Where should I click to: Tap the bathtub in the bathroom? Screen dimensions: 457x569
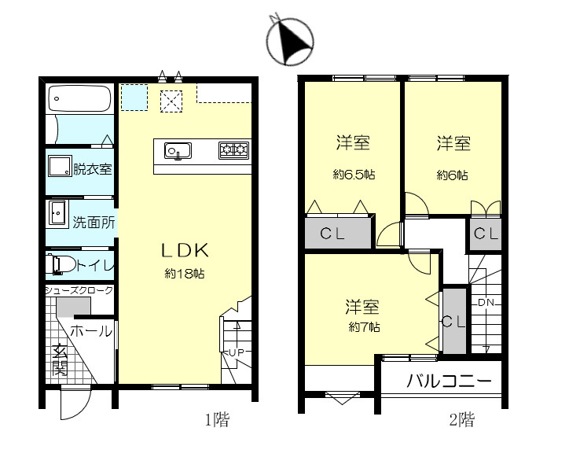pyautogui.click(x=79, y=99)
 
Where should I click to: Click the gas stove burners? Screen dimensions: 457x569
pyautogui.click(x=233, y=149)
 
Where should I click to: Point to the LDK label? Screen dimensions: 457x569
pyautogui.click(x=184, y=250)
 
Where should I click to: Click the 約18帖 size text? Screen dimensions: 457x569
pyautogui.click(x=184, y=274)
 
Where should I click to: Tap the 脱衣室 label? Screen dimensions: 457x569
pyautogui.click(x=92, y=168)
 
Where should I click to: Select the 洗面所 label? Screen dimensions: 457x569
pyautogui.click(x=94, y=222)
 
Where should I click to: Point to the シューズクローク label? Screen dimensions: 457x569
pyautogui.click(x=79, y=290)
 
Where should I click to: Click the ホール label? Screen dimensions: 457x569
pyautogui.click(x=91, y=331)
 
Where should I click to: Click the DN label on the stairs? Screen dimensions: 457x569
pyautogui.click(x=484, y=301)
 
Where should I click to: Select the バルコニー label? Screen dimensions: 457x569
pyautogui.click(x=449, y=383)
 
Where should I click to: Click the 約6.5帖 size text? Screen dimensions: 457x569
pyautogui.click(x=354, y=175)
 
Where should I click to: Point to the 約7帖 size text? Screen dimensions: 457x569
pyautogui.click(x=365, y=326)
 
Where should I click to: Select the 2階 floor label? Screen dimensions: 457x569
pyautogui.click(x=462, y=420)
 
